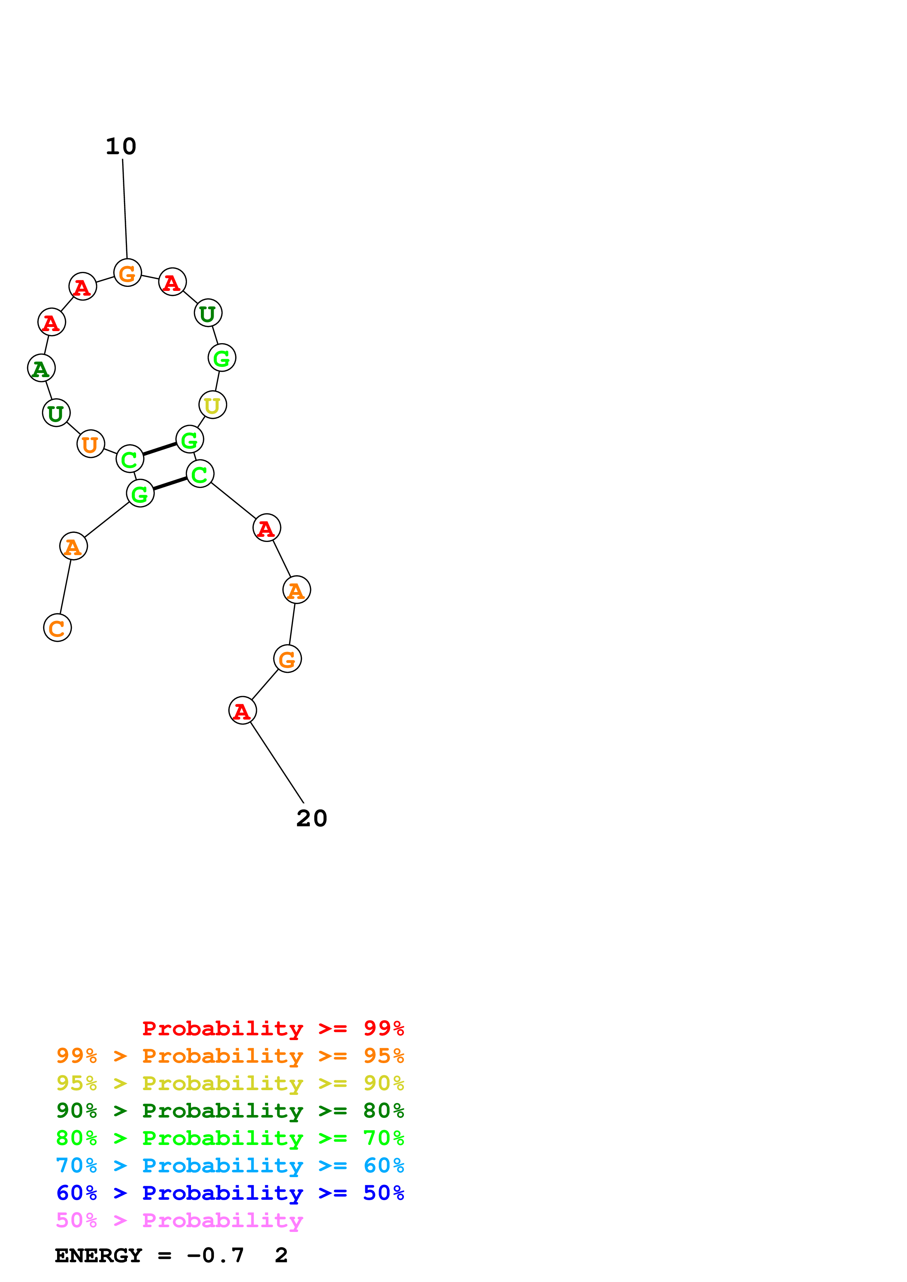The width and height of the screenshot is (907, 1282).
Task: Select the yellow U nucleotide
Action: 212,405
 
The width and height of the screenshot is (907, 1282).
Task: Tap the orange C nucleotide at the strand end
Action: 57,627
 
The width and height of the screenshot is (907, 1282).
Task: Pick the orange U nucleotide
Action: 90,444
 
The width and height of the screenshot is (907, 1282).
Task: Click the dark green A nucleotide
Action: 41,368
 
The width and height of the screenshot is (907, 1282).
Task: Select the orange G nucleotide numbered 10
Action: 127,273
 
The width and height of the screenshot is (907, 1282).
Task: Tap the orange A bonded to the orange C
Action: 73,546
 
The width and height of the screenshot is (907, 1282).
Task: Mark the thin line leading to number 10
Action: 125,209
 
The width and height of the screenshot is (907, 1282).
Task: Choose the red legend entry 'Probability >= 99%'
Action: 273,1028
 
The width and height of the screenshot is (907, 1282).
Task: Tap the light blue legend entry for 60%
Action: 230,1165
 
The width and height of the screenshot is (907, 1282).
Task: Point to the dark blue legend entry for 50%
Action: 230,1193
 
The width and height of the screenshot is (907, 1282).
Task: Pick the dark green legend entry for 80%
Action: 230,1111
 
